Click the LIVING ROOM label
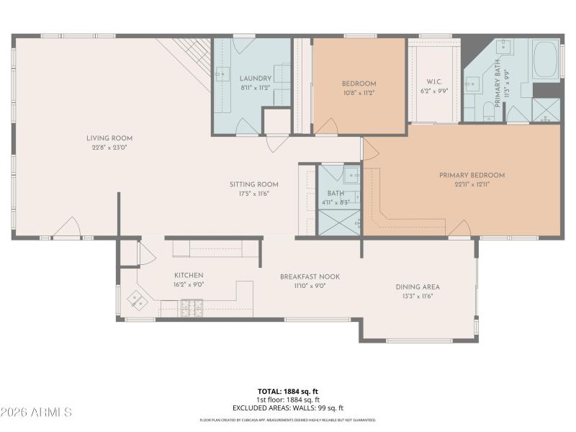[109, 138]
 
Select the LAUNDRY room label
[255, 78]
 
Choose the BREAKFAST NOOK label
[310, 276]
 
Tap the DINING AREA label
[418, 287]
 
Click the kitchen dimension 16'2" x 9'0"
[189, 284]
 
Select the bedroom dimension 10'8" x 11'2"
[359, 93]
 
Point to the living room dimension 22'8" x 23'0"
[109, 148]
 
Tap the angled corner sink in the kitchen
[136, 299]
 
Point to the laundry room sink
[222, 73]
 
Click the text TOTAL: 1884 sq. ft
[287, 391]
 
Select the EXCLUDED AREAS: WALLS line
[287, 408]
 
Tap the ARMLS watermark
[36, 413]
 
